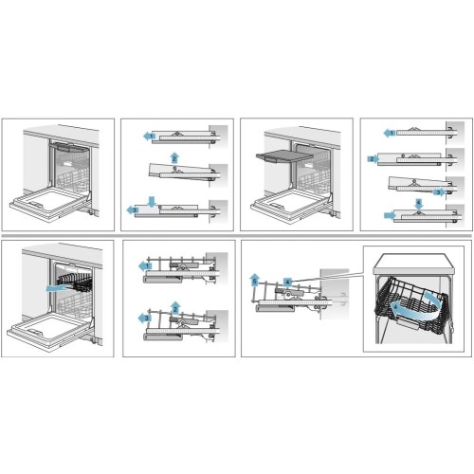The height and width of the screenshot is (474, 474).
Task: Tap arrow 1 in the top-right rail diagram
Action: tap(389, 134)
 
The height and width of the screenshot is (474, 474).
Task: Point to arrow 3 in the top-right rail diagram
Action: tap(438, 190)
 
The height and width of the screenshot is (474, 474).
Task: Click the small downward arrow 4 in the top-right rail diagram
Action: tap(420, 203)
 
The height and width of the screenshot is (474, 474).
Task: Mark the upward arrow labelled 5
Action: tap(255, 279)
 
